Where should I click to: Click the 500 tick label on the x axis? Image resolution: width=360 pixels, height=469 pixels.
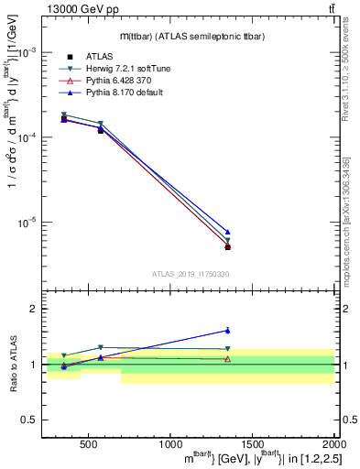(x=88, y=444)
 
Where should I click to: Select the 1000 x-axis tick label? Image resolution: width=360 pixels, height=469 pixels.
(x=170, y=444)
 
